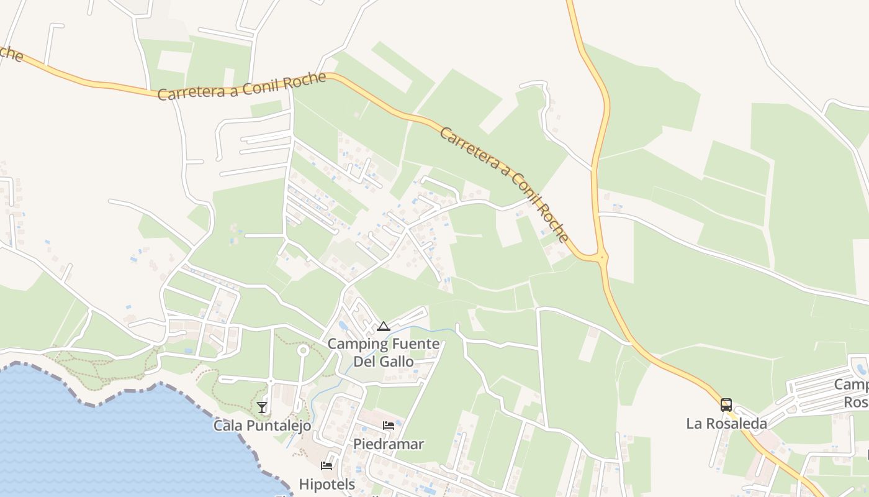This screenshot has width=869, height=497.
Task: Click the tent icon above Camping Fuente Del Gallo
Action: (384, 327)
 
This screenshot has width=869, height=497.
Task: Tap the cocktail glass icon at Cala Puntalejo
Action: (262, 408)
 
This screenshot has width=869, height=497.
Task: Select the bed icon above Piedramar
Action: (389, 426)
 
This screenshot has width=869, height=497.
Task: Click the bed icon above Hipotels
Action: (326, 465)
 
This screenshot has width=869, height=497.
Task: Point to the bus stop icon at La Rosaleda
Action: (726, 405)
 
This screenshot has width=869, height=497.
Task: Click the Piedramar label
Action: (389, 444)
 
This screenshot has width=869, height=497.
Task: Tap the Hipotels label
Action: (327, 484)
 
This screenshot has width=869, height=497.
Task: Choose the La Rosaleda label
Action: (726, 424)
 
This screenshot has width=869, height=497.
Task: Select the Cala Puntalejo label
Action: (262, 426)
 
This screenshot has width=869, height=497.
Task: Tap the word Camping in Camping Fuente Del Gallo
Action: (357, 344)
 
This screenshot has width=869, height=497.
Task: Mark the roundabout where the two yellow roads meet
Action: (601, 256)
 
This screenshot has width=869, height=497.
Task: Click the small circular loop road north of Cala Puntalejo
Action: (303, 351)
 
